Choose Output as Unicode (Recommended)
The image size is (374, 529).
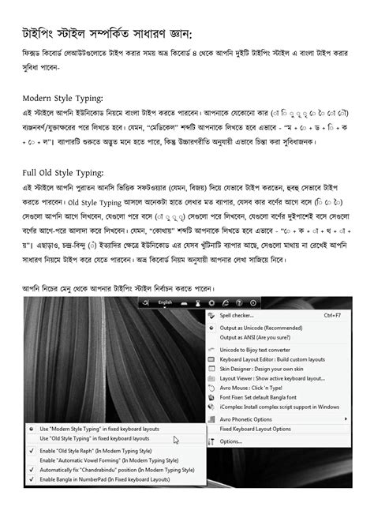point(268,328)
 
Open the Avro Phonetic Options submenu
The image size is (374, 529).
point(254,419)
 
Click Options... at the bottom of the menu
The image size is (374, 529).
point(231,441)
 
